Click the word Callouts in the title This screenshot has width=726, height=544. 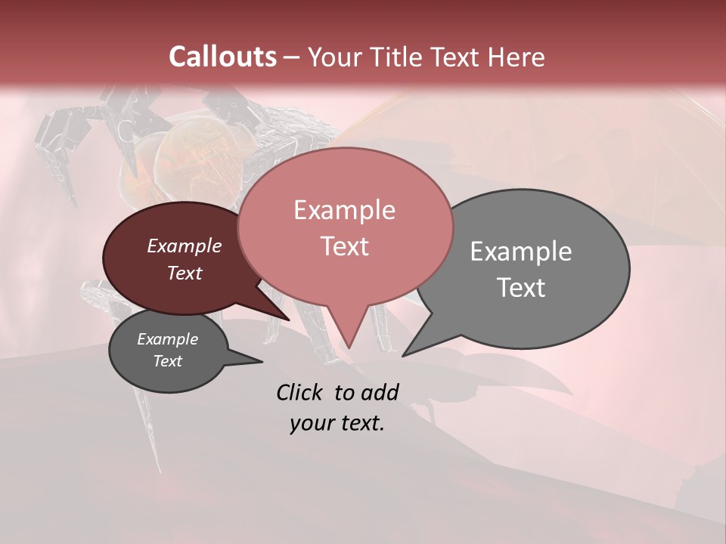pyautogui.click(x=222, y=57)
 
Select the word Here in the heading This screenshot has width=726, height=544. pyautogui.click(x=516, y=57)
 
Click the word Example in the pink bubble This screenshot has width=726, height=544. pyautogui.click(x=344, y=210)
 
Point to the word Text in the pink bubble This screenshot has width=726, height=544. pyautogui.click(x=344, y=246)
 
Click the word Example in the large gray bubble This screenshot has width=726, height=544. pyautogui.click(x=521, y=252)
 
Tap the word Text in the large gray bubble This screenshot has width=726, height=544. pyautogui.click(x=521, y=288)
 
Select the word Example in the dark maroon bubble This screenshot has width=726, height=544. pyautogui.click(x=185, y=246)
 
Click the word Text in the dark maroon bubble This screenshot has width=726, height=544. pyautogui.click(x=185, y=273)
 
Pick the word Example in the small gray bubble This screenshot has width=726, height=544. pyautogui.click(x=168, y=339)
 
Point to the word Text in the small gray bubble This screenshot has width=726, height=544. pyautogui.click(x=168, y=361)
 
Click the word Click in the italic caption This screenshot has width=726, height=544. pyautogui.click(x=300, y=392)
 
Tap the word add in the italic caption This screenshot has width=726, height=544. pyautogui.click(x=380, y=392)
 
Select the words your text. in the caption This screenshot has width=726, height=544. pyautogui.click(x=337, y=423)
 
